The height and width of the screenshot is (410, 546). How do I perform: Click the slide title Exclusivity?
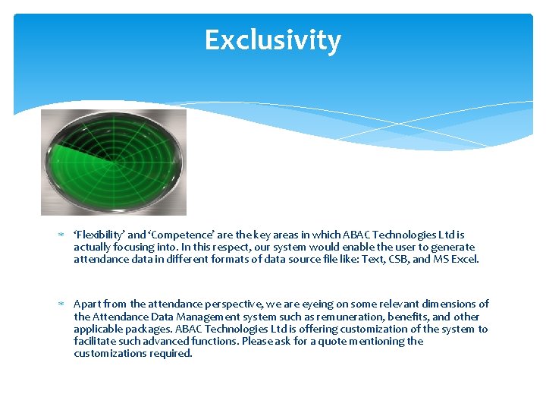(x=273, y=40)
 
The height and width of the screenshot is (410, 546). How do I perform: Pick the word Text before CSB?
(x=386, y=259)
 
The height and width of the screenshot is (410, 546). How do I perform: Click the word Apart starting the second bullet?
(x=88, y=304)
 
